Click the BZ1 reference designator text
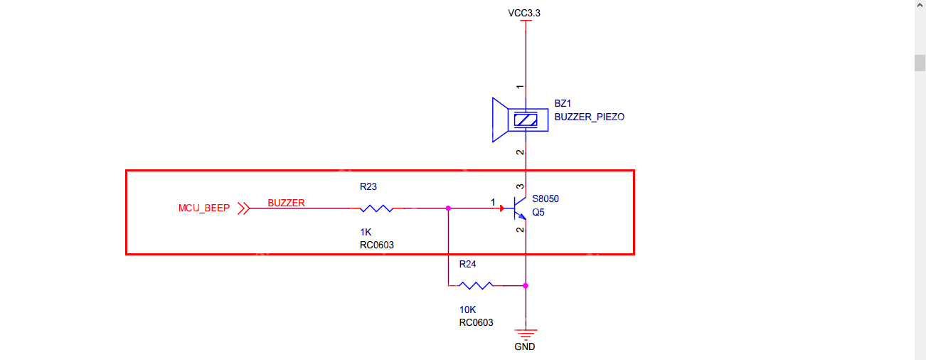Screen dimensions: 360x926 (563, 104)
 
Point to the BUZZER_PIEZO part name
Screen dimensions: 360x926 (589, 117)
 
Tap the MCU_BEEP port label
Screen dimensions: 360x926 (204, 208)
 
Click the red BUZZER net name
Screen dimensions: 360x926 (286, 203)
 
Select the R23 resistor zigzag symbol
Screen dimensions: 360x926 (376, 208)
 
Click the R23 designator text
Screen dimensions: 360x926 (368, 187)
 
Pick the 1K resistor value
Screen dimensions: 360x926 (366, 232)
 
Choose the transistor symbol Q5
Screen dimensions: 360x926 (518, 208)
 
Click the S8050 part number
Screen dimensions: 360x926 (550, 199)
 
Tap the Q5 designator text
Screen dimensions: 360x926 (538, 212)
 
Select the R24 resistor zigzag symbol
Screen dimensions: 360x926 (476, 285)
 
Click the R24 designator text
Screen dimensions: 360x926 (467, 264)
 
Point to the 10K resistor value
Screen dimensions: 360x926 (468, 310)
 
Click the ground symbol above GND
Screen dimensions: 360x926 (525, 333)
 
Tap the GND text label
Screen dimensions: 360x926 (525, 347)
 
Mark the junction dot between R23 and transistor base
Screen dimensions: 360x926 (448, 208)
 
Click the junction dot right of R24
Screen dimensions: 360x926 (525, 285)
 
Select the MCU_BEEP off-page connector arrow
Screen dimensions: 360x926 (243, 208)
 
